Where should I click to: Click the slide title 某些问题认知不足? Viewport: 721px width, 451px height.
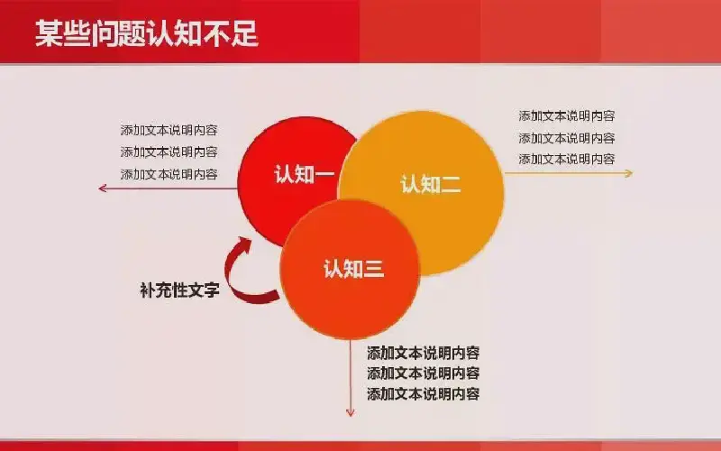(147, 33)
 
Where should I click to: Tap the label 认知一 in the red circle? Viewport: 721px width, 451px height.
(304, 174)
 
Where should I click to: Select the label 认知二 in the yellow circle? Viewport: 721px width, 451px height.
(431, 185)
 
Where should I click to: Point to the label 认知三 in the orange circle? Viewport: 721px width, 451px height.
(353, 269)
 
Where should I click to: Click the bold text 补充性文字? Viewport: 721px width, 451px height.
(179, 290)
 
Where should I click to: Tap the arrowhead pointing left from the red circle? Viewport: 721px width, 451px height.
(103, 188)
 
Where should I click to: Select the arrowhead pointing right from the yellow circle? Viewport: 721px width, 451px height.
(628, 173)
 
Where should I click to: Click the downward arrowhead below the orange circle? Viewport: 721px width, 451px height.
(351, 412)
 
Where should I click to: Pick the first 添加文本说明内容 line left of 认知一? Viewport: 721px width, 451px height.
(169, 130)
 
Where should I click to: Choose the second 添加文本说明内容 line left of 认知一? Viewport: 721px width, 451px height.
(169, 152)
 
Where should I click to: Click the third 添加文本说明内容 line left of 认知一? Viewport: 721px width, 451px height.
(169, 174)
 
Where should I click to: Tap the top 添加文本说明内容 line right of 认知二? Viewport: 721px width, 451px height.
(567, 116)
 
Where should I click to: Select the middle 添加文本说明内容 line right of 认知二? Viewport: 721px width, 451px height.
(567, 138)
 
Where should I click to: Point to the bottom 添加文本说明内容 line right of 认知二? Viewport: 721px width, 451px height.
(567, 160)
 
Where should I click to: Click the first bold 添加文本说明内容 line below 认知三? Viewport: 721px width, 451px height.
(423, 353)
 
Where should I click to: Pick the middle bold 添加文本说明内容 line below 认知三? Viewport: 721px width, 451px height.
(423, 373)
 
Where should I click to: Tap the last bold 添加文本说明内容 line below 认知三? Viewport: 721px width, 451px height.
(423, 394)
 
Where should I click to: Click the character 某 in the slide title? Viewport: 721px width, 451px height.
(49, 33)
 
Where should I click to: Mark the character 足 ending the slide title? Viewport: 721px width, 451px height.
(244, 33)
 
